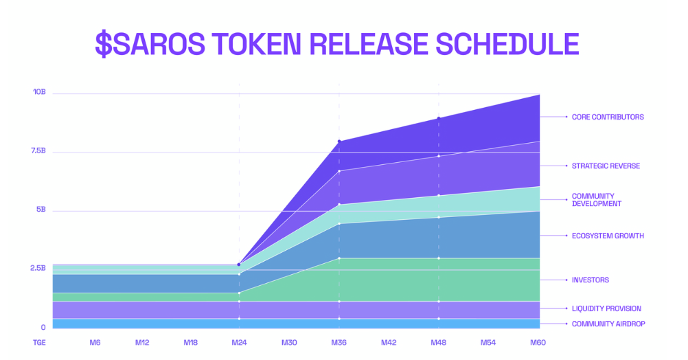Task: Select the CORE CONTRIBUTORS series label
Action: coord(608,117)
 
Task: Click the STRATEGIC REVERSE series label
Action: coord(606,166)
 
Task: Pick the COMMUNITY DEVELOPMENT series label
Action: coord(596,200)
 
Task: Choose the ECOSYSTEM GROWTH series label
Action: coord(608,236)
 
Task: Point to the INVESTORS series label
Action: coord(590,280)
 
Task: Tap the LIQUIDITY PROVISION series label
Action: coord(606,308)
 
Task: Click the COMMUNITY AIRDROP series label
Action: coord(608,324)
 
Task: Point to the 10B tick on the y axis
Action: coord(40,92)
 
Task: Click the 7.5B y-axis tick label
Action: coord(38,150)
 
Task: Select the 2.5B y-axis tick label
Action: coord(38,268)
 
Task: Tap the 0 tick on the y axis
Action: coord(43,327)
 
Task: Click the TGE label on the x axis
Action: coord(39,342)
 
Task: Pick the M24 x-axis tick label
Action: coord(239,342)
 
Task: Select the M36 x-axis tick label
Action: coord(339,342)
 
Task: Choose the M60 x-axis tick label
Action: coord(538,342)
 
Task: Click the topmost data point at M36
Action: coord(339,142)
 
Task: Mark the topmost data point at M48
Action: coord(439,118)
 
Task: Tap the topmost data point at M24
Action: coord(239,265)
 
